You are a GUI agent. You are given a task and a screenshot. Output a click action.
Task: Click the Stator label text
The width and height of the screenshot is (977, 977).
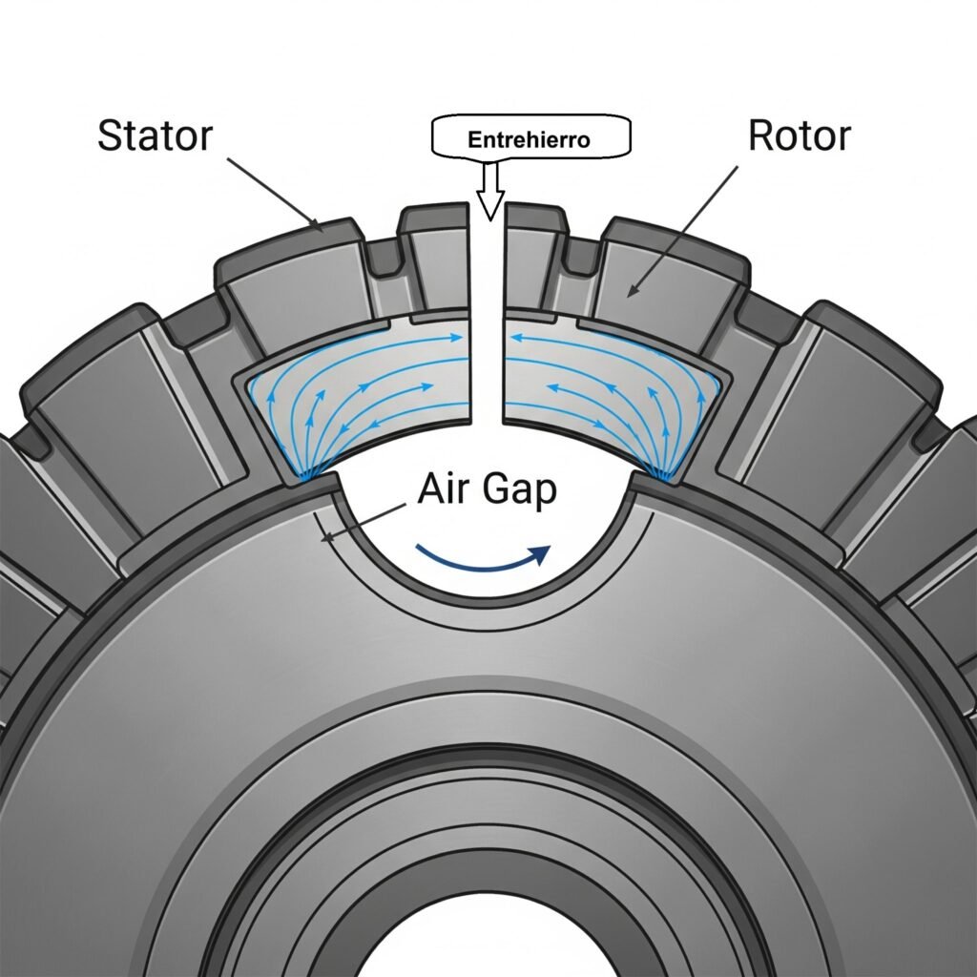[154, 135]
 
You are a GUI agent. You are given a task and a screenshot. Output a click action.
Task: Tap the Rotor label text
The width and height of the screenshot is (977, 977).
[799, 135]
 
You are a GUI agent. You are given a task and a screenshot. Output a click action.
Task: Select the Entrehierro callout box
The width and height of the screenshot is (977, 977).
[530, 138]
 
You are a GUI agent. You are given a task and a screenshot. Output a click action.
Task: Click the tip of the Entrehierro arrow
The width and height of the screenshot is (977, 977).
[489, 218]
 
